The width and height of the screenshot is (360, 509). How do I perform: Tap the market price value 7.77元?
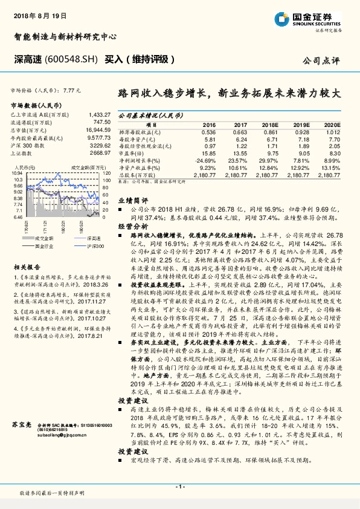(x=71, y=89)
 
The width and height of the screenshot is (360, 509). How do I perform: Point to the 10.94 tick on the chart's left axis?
(x=16, y=172)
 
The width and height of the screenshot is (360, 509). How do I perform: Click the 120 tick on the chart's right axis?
(x=106, y=172)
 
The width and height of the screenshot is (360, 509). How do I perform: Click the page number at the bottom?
(x=179, y=486)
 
